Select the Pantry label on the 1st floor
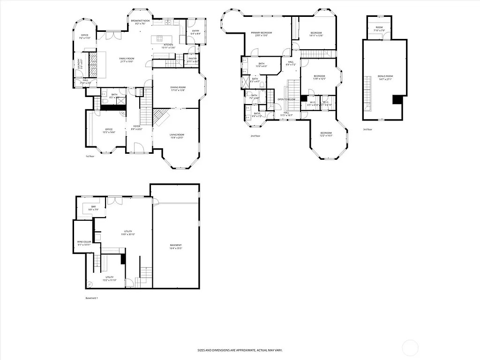(x=193, y=60)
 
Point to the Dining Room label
(x=178, y=89)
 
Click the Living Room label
(x=177, y=136)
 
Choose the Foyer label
(x=137, y=127)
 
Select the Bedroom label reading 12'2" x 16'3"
(x=326, y=134)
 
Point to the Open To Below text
(x=286, y=99)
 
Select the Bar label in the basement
(x=93, y=208)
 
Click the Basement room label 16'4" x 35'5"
(x=176, y=247)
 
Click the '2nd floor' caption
(x=255, y=136)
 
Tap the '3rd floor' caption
(x=367, y=129)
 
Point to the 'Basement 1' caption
(x=91, y=298)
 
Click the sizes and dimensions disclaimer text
(x=240, y=350)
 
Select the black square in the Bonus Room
(x=397, y=100)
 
